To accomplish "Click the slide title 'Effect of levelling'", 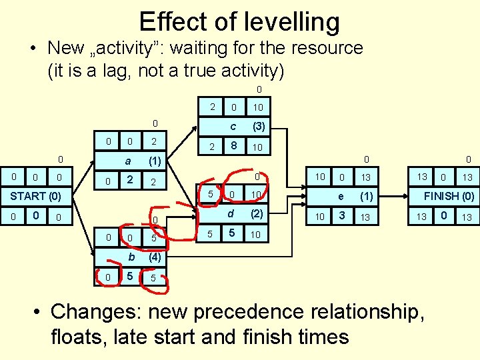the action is (239, 22).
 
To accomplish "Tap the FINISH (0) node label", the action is (449, 196).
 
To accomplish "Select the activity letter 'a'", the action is (127, 161).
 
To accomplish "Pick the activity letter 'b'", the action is (132, 257).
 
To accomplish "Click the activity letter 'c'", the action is (233, 126).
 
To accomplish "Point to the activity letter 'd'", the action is (231, 214).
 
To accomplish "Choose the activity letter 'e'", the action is (341, 196).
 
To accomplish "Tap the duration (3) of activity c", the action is (257, 126).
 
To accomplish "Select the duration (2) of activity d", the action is (257, 214).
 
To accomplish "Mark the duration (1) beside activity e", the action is (367, 196).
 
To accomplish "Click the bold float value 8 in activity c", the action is (233, 146).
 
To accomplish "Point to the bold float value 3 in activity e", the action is (341, 216).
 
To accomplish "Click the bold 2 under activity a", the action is (130, 180).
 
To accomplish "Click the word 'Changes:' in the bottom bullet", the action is (95, 311).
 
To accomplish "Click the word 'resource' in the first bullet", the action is (324, 48).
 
